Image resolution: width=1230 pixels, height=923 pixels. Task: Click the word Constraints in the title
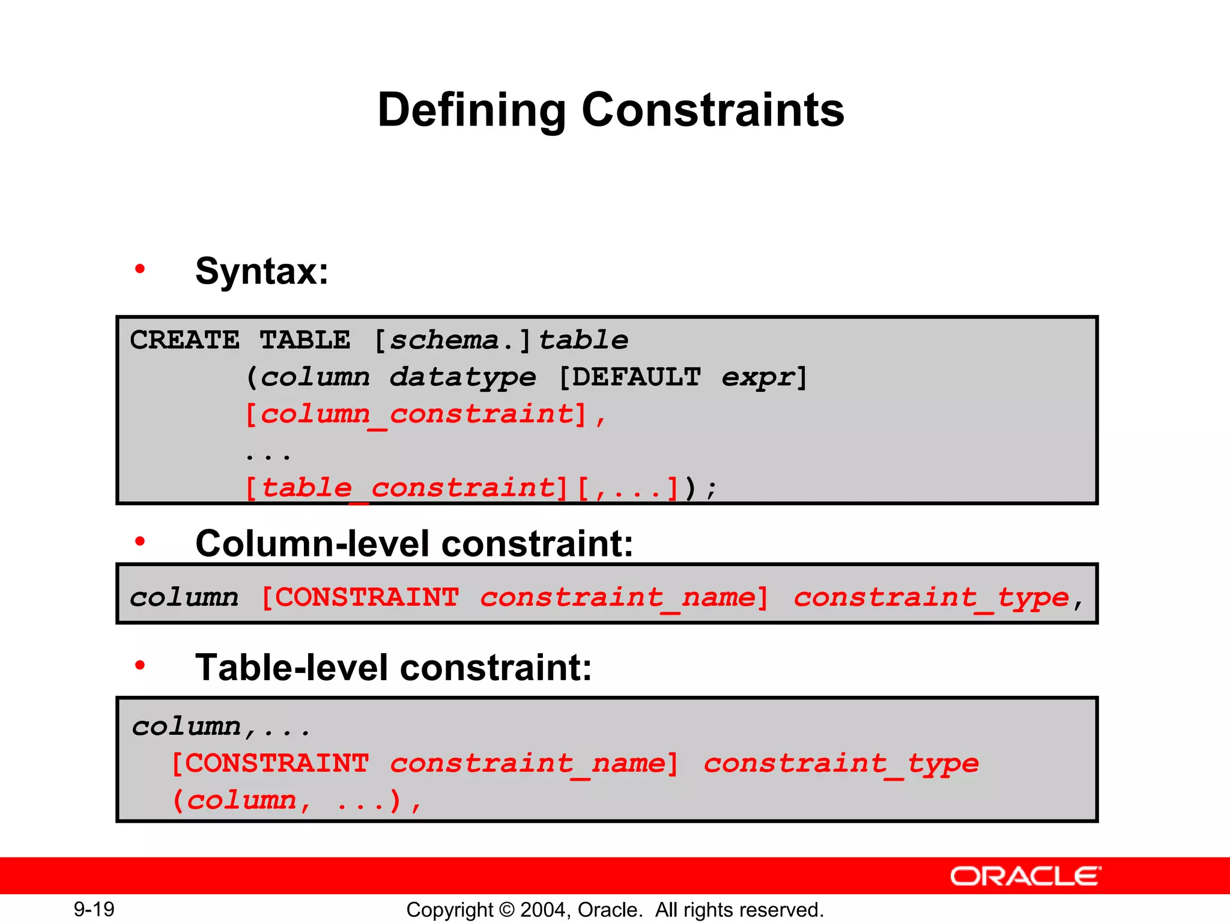pyautogui.click(x=713, y=110)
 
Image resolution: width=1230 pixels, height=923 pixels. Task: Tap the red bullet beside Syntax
pyautogui.click(x=140, y=269)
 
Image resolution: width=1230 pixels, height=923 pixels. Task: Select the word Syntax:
pyautogui.click(x=262, y=272)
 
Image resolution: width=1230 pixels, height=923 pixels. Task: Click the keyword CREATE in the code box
pyautogui.click(x=184, y=341)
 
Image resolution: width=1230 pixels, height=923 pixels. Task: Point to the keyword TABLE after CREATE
pyautogui.click(x=304, y=341)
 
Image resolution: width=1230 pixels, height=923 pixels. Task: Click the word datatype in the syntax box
pyautogui.click(x=462, y=378)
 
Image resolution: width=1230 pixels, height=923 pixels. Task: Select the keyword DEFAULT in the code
pyautogui.click(x=636, y=378)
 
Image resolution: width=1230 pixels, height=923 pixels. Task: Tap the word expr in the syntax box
pyautogui.click(x=757, y=378)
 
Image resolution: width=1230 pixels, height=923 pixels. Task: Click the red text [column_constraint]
pyautogui.click(x=416, y=415)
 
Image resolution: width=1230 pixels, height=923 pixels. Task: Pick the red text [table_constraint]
pyautogui.click(x=407, y=488)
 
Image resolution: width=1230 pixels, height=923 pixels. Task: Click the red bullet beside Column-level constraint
pyautogui.click(x=140, y=541)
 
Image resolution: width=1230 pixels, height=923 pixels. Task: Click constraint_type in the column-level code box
pyautogui.click(x=931, y=598)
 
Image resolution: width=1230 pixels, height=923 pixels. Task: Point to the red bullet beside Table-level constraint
pyautogui.click(x=140, y=665)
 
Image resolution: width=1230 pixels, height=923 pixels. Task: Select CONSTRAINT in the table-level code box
pyautogui.click(x=276, y=764)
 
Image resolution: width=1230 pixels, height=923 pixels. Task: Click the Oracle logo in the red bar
pyautogui.click(x=1025, y=876)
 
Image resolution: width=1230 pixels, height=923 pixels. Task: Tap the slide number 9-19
pyautogui.click(x=94, y=909)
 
